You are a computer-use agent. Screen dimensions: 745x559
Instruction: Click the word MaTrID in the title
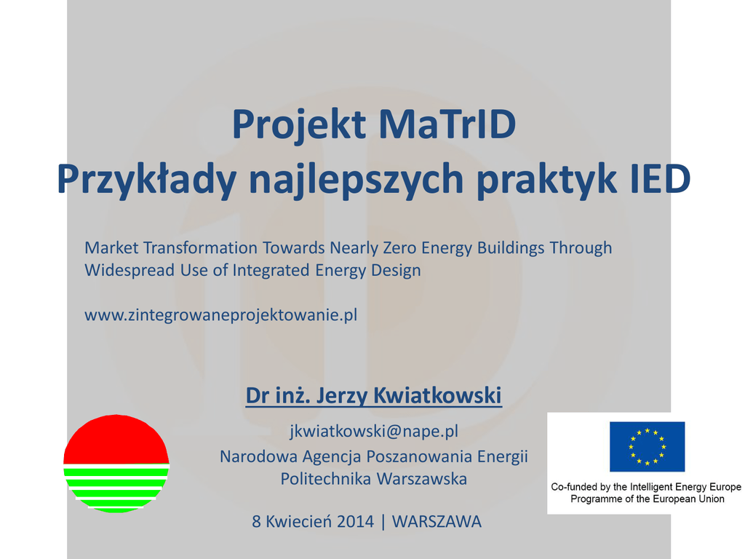click(x=447, y=124)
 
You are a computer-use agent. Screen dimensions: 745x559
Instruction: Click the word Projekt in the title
click(x=299, y=125)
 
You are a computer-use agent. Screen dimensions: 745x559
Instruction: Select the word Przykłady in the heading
click(x=146, y=181)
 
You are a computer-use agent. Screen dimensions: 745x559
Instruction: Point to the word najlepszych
click(x=356, y=181)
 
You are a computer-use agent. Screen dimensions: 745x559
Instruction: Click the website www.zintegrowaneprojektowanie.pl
click(x=221, y=314)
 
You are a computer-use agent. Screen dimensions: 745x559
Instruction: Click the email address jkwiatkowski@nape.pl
click(x=374, y=431)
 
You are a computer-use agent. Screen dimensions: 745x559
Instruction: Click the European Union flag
click(x=647, y=446)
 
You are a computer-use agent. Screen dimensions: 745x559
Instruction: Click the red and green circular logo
click(x=116, y=464)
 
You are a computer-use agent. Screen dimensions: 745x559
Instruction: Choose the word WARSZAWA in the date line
click(x=437, y=521)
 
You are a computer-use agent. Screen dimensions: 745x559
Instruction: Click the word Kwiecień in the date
click(x=299, y=521)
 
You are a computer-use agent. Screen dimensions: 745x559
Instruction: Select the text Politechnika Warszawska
click(x=373, y=479)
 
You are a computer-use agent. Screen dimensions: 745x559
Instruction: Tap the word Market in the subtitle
click(x=111, y=247)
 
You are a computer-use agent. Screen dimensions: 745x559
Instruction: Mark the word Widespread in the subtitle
click(x=130, y=270)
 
